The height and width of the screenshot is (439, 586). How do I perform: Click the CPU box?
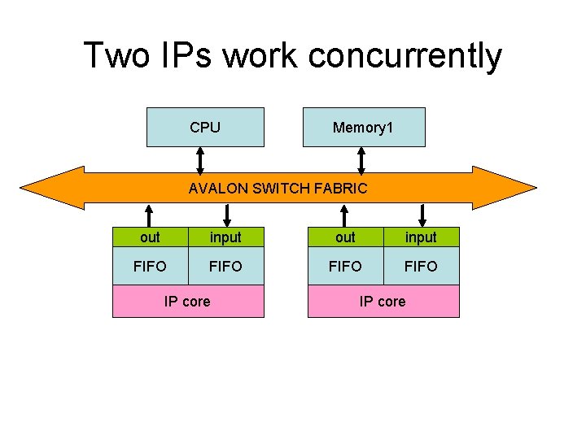pyautogui.click(x=205, y=127)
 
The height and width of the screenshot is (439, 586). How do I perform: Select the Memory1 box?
pyautogui.click(x=363, y=127)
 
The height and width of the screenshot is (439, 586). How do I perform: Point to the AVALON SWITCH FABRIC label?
pyautogui.click(x=278, y=189)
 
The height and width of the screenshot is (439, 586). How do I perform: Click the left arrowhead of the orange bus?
pyautogui.click(x=49, y=188)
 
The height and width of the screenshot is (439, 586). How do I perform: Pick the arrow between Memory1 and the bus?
pyautogui.click(x=361, y=159)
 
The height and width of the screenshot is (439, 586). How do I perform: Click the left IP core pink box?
pyautogui.click(x=187, y=302)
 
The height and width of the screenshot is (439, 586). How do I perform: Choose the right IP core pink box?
pyautogui.click(x=383, y=302)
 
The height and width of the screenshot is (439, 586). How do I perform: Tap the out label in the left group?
pyautogui.click(x=150, y=237)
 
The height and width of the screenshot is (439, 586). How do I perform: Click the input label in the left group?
pyautogui.click(x=225, y=237)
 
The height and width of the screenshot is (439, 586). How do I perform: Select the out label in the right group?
pyautogui.click(x=345, y=237)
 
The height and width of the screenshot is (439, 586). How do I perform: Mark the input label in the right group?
pyautogui.click(x=421, y=237)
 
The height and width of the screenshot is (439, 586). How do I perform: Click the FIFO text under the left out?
pyautogui.click(x=150, y=266)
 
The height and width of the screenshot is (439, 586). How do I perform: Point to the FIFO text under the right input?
pyautogui.click(x=421, y=266)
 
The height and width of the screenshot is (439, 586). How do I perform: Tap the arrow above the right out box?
pyautogui.click(x=345, y=215)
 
